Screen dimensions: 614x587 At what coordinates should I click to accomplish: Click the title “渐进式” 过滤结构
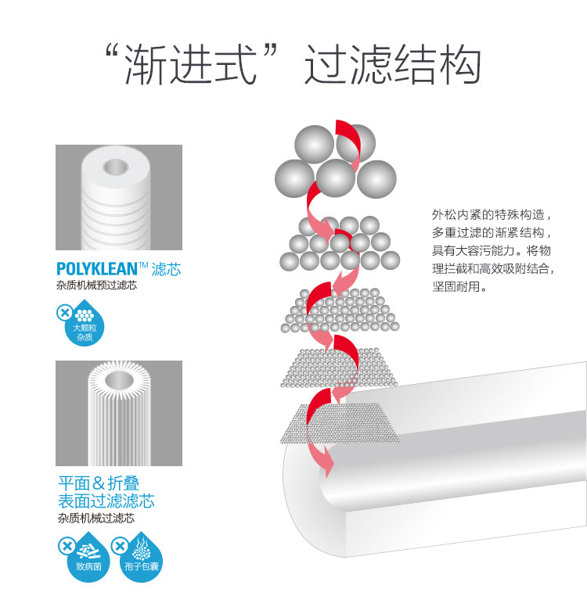293,66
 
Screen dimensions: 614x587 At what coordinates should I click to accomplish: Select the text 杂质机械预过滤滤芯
96,285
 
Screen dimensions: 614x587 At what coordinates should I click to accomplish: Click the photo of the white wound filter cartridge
119,197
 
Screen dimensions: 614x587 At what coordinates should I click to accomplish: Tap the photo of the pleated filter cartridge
119,413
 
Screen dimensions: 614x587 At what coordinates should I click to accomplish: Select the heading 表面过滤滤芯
106,500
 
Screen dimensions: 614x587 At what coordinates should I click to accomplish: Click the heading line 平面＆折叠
99,483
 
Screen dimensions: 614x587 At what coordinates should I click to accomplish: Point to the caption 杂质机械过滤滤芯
95,518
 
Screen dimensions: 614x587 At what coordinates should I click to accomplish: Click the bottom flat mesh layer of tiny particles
338,423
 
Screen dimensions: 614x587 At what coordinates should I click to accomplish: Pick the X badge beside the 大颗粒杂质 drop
63,314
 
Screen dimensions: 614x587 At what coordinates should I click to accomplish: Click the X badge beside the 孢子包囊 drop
118,544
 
